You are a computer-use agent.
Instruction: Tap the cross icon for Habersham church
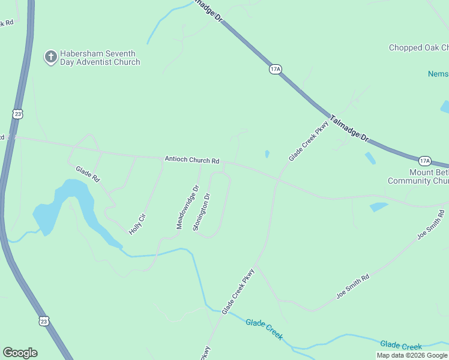coord(51,57)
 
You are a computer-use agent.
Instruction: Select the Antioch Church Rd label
coord(192,161)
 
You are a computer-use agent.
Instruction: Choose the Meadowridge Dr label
coord(187,207)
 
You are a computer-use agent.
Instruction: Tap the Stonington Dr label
coord(202,212)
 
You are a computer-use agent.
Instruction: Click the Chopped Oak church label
coord(418,47)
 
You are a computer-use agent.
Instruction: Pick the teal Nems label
coord(438,74)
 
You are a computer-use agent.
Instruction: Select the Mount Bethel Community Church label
coord(418,176)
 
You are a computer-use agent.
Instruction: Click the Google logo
coord(20,353)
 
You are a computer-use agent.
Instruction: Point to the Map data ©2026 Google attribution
coord(412,355)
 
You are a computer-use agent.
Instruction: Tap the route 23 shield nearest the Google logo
coord(43,321)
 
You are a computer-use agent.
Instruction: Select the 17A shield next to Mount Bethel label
coord(425,160)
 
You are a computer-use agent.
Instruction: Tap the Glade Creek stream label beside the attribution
coord(401,346)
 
